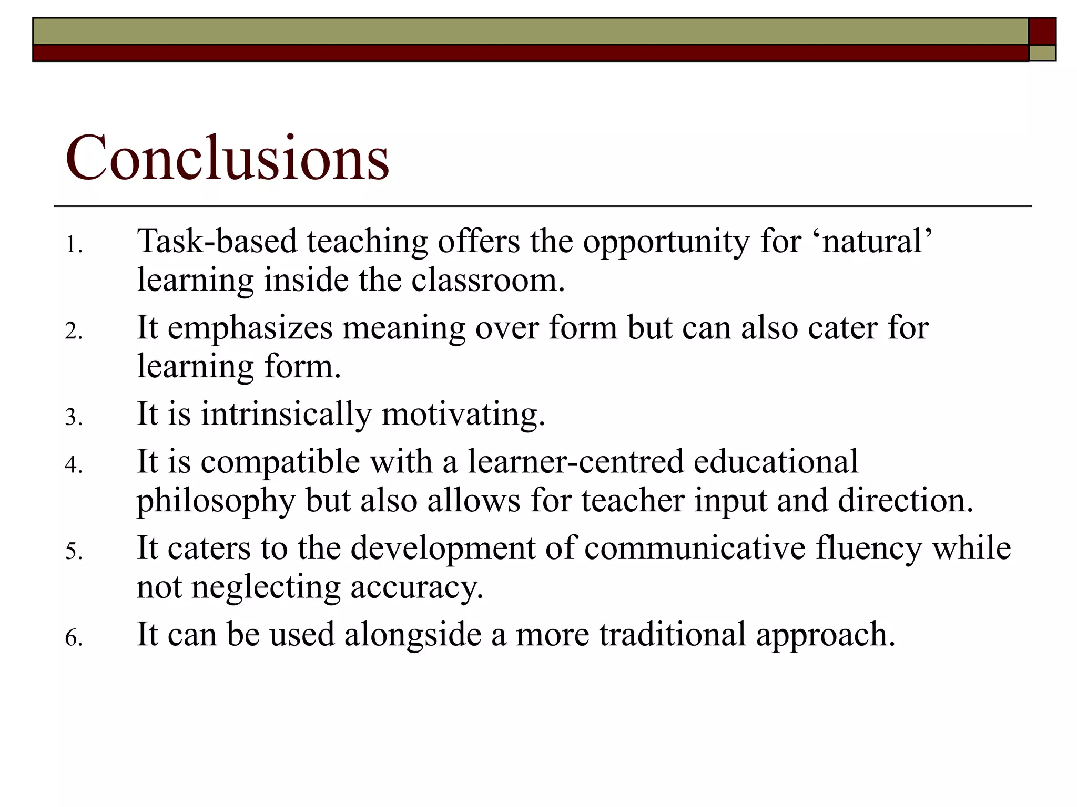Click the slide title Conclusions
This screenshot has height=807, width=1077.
227,158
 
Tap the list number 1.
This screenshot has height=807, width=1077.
74,245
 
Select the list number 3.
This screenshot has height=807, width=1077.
74,417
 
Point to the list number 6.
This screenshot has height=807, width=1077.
74,637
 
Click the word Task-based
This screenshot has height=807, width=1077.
217,242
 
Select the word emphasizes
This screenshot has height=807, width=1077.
250,329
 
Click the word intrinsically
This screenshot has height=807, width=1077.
286,414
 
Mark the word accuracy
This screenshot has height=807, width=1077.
416,588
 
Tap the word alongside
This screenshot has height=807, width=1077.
413,635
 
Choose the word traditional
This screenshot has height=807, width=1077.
673,634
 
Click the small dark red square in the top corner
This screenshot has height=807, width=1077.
1042,32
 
